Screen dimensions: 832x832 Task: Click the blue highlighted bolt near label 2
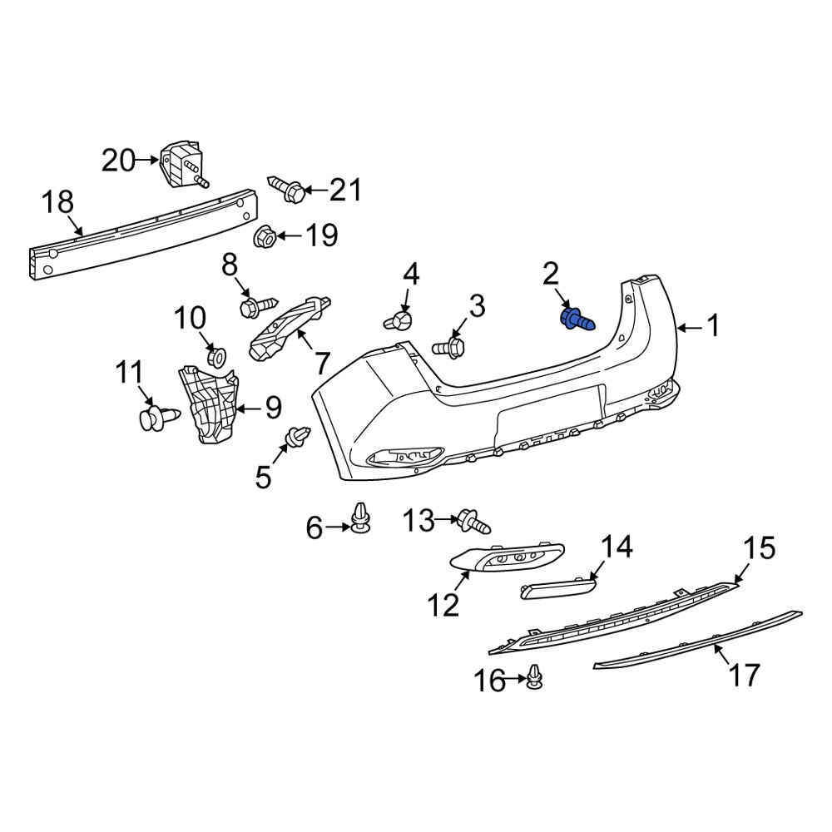tap(576, 319)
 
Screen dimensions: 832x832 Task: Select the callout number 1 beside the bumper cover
tap(712, 326)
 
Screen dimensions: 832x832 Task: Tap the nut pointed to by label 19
tap(264, 236)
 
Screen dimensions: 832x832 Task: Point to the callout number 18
tap(58, 202)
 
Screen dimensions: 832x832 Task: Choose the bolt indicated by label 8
tap(257, 307)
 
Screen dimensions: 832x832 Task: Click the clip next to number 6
tap(360, 519)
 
